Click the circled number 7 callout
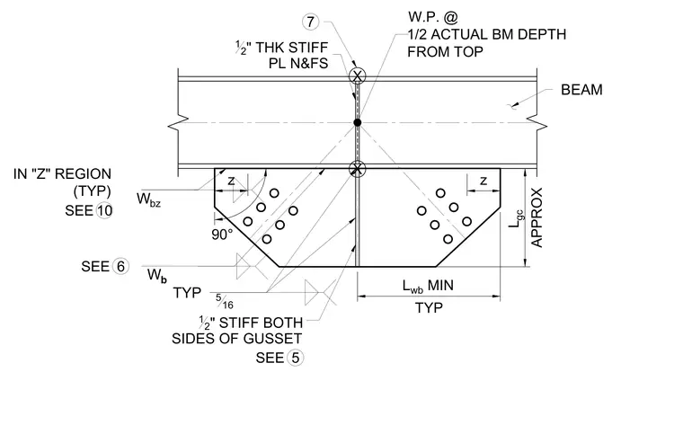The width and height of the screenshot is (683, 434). (x=310, y=22)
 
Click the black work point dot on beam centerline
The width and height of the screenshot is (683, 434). (x=357, y=122)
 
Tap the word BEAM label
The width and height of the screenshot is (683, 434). (x=581, y=90)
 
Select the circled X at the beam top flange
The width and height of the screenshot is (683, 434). (x=358, y=76)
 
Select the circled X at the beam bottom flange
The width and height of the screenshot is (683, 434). (x=357, y=168)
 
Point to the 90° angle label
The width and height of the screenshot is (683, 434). (x=222, y=235)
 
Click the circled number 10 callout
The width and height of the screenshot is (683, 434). (x=104, y=210)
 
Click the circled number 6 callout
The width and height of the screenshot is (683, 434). (x=120, y=266)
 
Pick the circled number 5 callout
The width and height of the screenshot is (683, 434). (x=296, y=358)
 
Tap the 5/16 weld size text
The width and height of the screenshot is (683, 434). (x=225, y=301)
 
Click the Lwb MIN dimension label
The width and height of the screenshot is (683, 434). (x=428, y=286)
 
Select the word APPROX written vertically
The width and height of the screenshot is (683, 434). (x=537, y=217)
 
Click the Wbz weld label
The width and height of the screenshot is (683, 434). (x=148, y=199)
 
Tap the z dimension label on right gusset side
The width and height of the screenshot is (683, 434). (x=483, y=181)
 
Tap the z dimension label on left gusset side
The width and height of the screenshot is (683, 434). (x=231, y=181)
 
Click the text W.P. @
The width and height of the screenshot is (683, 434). (x=433, y=17)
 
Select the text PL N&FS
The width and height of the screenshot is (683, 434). (x=298, y=64)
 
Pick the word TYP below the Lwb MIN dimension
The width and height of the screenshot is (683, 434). (x=429, y=308)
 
